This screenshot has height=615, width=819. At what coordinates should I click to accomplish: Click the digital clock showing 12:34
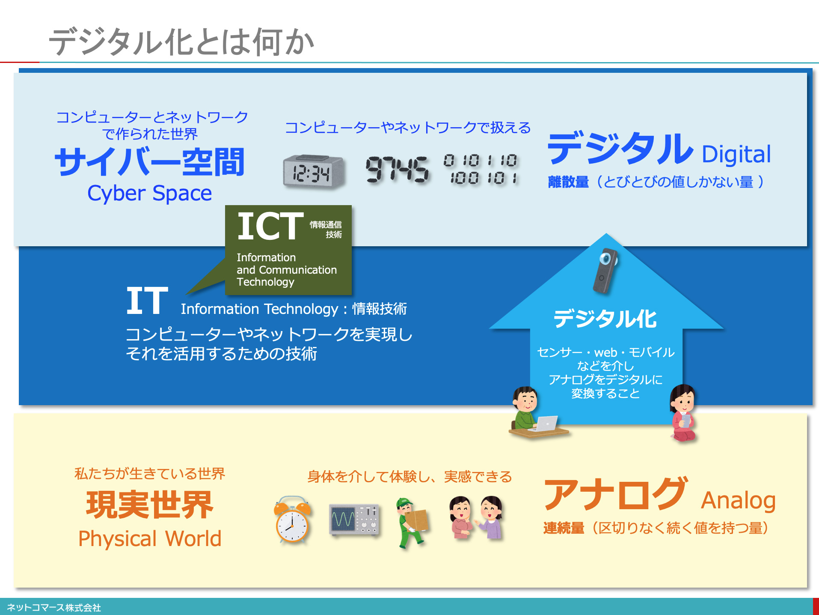(314, 171)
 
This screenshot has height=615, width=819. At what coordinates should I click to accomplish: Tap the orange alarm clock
(292, 519)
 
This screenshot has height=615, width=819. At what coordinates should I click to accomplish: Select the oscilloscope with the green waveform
(354, 519)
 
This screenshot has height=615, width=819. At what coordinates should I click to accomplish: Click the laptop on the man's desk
(544, 424)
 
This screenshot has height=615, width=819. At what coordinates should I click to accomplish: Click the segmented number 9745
(397, 169)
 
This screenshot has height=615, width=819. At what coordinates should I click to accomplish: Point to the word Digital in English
(736, 155)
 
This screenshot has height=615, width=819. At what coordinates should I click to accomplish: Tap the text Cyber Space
(149, 193)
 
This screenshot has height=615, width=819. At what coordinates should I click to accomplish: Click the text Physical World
(150, 538)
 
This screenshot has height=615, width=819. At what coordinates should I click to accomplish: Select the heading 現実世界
(150, 505)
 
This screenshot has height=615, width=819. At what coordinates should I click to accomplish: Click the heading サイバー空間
(150, 161)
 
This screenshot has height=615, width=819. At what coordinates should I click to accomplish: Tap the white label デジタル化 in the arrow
(605, 319)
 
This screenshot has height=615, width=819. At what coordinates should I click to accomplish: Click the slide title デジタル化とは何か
(181, 42)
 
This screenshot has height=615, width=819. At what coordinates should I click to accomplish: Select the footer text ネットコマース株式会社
(54, 607)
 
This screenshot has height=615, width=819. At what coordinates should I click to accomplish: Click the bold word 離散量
(568, 182)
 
